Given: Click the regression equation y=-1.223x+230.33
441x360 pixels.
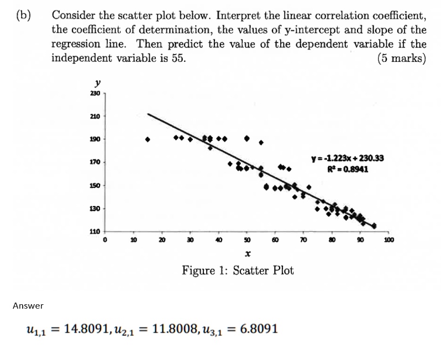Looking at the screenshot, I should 348,158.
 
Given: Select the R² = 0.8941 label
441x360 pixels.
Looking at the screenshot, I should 348,169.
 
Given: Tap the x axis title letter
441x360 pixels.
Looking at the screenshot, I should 247,255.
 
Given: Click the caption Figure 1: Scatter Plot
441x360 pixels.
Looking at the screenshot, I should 238,271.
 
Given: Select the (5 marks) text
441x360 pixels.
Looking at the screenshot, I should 402,59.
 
